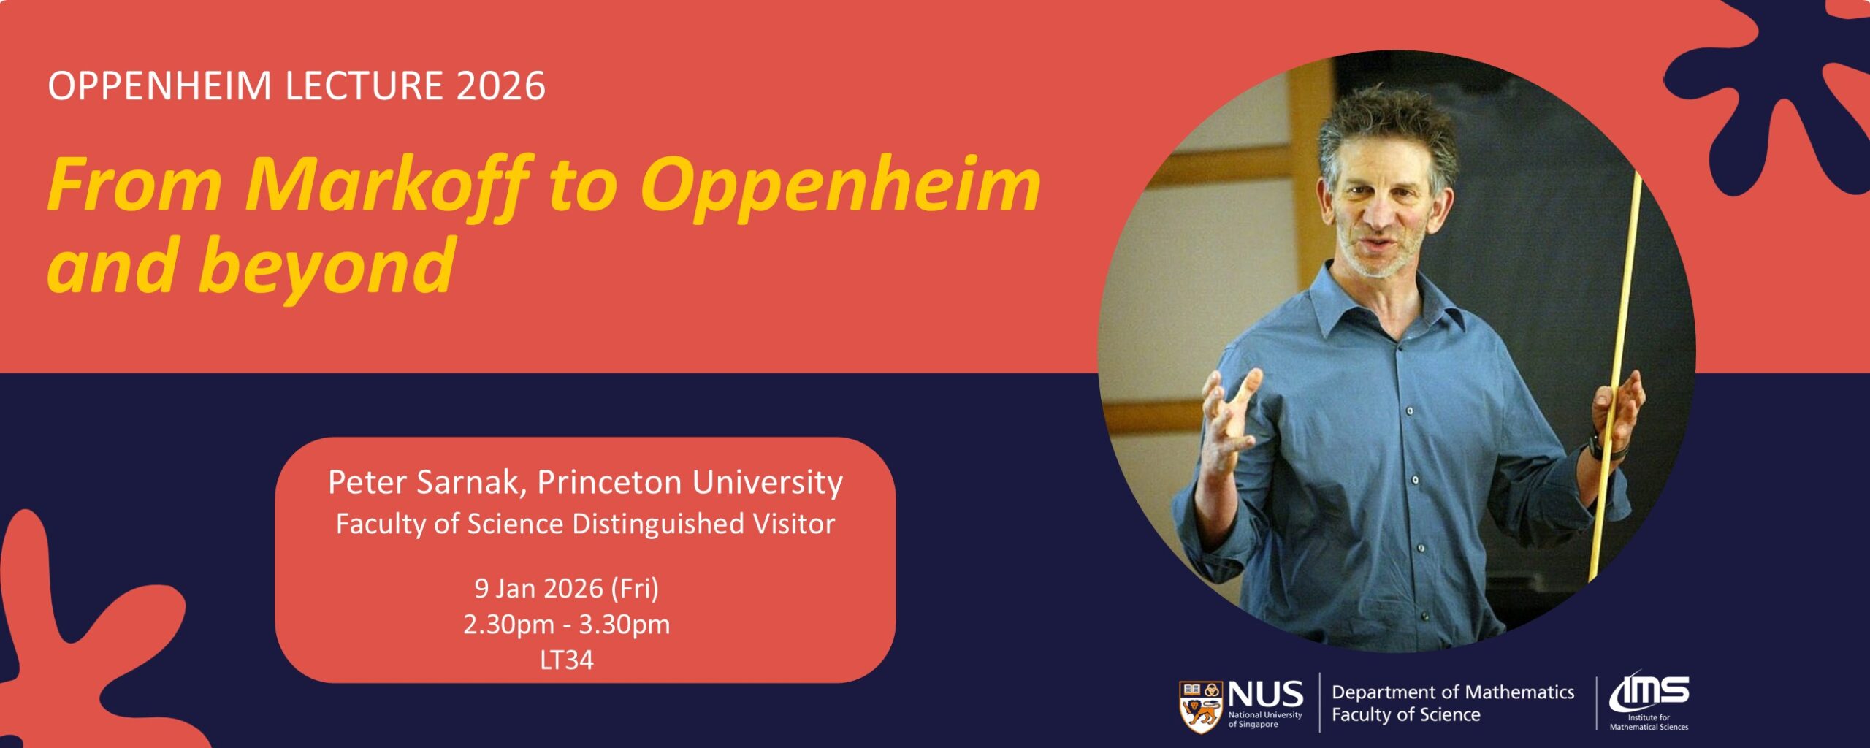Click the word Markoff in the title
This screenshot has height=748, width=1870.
pos(388,185)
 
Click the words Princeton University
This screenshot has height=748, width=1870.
pos(690,483)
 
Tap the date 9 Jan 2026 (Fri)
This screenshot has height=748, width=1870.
pos(567,589)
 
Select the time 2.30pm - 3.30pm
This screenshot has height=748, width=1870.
pos(567,625)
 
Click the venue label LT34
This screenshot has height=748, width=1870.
pos(567,660)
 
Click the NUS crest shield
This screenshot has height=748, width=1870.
pos(1200,706)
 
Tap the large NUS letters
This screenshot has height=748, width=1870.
pos(1265,694)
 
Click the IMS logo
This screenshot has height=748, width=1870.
pos(1649,701)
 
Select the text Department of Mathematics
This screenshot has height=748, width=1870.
pos(1453,692)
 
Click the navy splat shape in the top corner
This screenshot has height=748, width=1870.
pos(1782,88)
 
